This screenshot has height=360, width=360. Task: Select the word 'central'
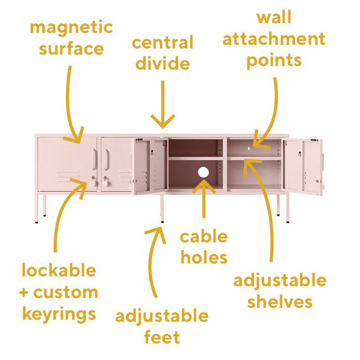coord(162,42)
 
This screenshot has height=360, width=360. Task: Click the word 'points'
coord(274,60)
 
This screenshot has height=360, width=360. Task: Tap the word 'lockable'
coord(59,270)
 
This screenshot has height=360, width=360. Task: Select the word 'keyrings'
coord(59,314)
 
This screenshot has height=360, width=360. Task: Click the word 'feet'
coord(162,337)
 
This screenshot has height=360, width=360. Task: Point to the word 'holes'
coord(204,257)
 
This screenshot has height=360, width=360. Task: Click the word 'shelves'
coord(280,301)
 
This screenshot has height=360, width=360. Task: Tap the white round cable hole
coord(203,172)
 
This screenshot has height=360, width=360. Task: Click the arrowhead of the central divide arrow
coord(163,121)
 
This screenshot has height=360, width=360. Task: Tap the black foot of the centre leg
coord(162,222)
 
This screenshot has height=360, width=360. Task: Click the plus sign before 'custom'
coord(24,293)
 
